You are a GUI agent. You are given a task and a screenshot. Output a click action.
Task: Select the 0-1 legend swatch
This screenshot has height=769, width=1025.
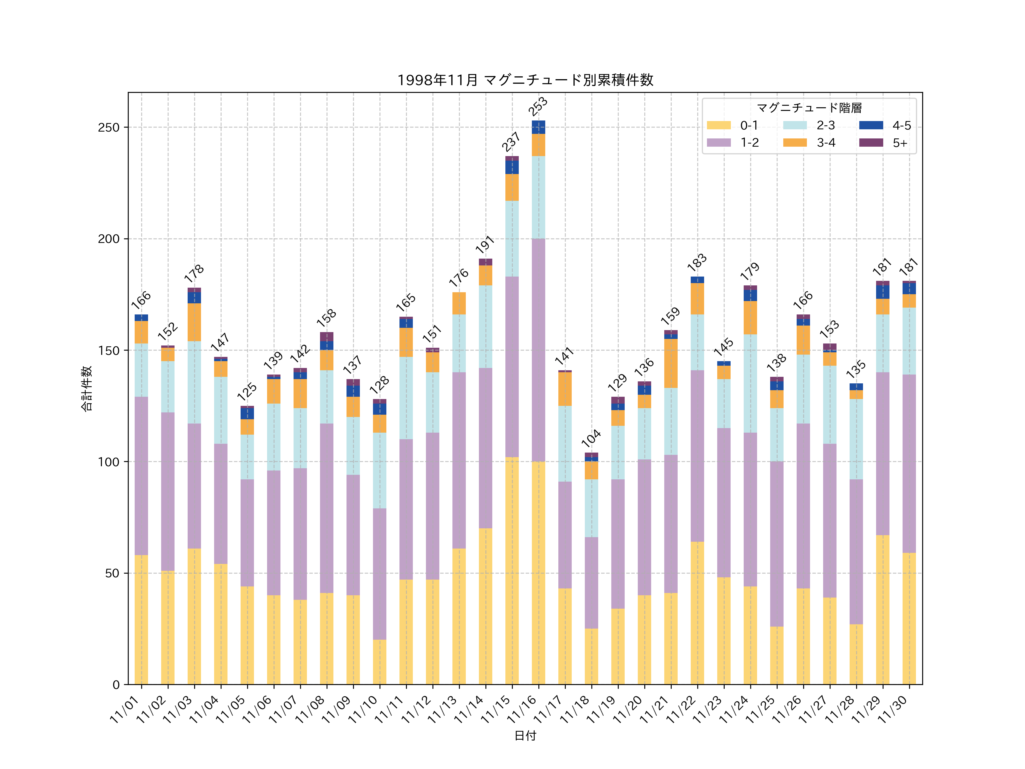[x=718, y=125]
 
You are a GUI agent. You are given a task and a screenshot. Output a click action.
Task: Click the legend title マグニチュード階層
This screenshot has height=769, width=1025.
[x=809, y=108]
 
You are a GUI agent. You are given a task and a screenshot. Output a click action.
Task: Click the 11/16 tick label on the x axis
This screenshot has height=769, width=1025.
[x=523, y=709]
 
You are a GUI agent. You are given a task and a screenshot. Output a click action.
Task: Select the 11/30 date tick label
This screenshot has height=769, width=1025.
[x=893, y=709]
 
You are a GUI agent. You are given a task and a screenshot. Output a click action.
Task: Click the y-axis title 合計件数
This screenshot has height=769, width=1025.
[x=87, y=388]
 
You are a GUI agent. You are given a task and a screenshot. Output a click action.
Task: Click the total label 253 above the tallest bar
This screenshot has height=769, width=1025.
[x=538, y=106]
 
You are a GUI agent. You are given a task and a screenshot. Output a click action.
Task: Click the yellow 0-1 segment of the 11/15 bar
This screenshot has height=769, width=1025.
[x=512, y=570]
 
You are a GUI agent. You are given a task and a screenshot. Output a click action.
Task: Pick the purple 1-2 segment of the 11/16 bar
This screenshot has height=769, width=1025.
[x=538, y=350]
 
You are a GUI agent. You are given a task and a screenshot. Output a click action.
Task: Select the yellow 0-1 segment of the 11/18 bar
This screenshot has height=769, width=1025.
[x=591, y=656]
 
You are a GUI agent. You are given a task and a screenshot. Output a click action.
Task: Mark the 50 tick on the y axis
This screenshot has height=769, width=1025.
[x=112, y=573]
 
